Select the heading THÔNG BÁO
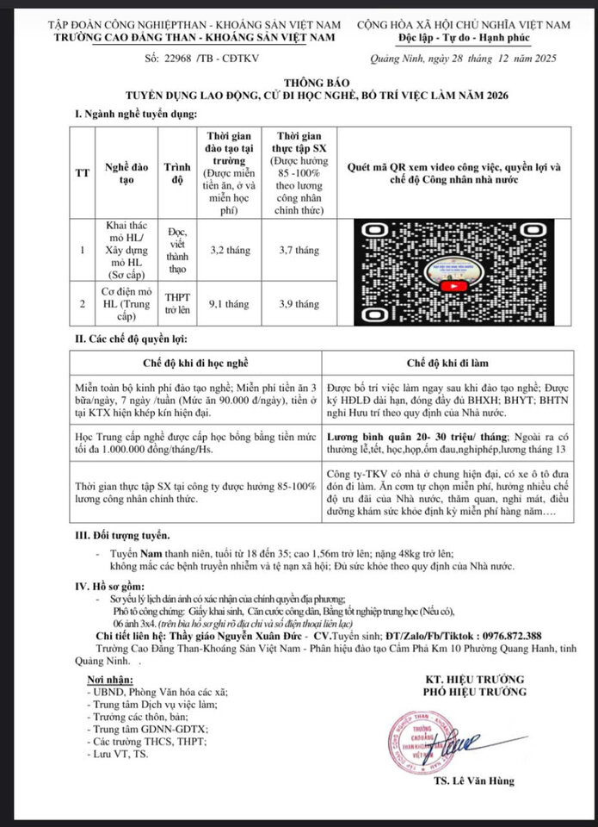[x=299, y=83]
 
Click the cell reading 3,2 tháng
[x=230, y=250]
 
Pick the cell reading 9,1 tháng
[x=230, y=303]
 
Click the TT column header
[x=83, y=172]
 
